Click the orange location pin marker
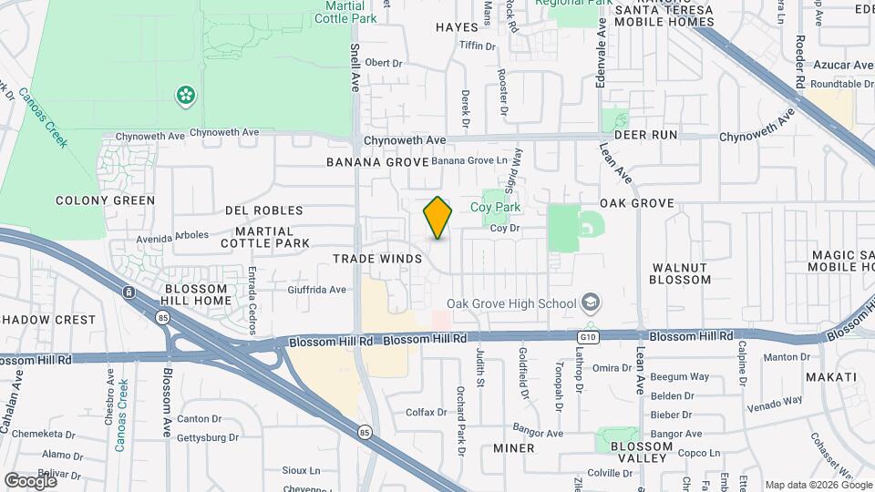[437, 218]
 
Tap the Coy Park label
[495, 207]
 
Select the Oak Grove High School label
[511, 303]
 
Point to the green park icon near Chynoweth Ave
[185, 95]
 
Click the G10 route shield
[588, 336]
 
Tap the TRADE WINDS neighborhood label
[377, 259]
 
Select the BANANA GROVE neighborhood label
[377, 162]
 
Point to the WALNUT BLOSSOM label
[680, 273]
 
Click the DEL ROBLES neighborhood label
[257, 210]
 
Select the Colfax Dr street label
[426, 412]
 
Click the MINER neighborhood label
[513, 448]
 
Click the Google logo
[30, 480]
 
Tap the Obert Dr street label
[383, 63]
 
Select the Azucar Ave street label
[842, 65]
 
